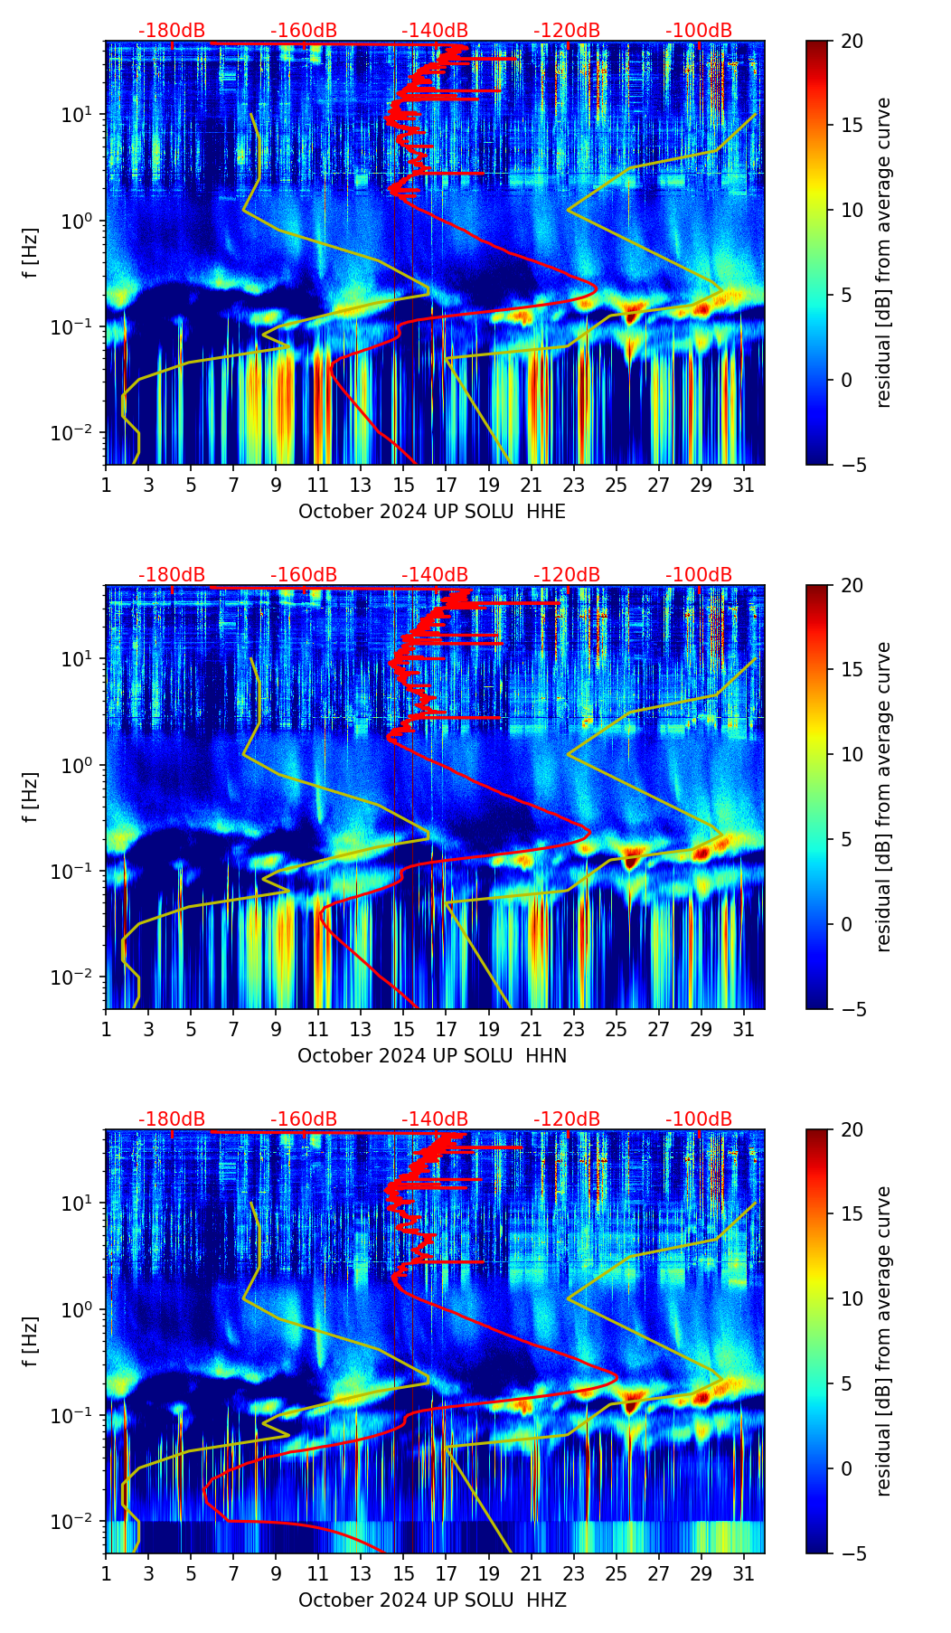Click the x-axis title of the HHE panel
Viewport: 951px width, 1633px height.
(x=431, y=512)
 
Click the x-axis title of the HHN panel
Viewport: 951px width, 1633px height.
(x=431, y=1056)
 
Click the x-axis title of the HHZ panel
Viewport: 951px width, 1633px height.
(x=431, y=1600)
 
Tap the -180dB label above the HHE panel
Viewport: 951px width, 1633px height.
(x=172, y=31)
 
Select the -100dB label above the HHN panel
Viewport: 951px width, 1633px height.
(x=699, y=575)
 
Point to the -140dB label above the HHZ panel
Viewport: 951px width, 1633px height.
(x=435, y=1119)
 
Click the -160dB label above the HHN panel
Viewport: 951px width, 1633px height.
(x=304, y=575)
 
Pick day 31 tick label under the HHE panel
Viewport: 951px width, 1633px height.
(x=744, y=486)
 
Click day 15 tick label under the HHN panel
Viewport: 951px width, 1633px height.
(x=404, y=1030)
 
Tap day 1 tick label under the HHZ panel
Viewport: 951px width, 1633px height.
(x=106, y=1574)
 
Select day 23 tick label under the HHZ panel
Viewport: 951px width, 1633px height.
(x=574, y=1574)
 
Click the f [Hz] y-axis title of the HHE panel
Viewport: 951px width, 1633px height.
(x=32, y=253)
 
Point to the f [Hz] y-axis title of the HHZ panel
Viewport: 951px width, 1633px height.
(x=32, y=1342)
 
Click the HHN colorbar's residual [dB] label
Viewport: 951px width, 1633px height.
(x=883, y=797)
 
